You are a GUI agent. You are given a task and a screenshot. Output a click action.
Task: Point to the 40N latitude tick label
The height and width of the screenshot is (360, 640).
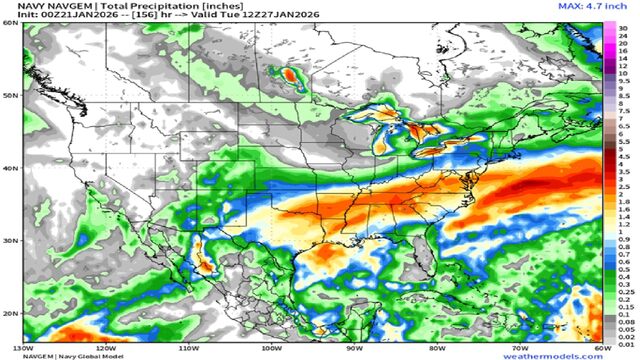tap(9, 169)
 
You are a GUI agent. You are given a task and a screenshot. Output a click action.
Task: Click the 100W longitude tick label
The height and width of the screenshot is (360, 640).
tap(271, 348)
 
